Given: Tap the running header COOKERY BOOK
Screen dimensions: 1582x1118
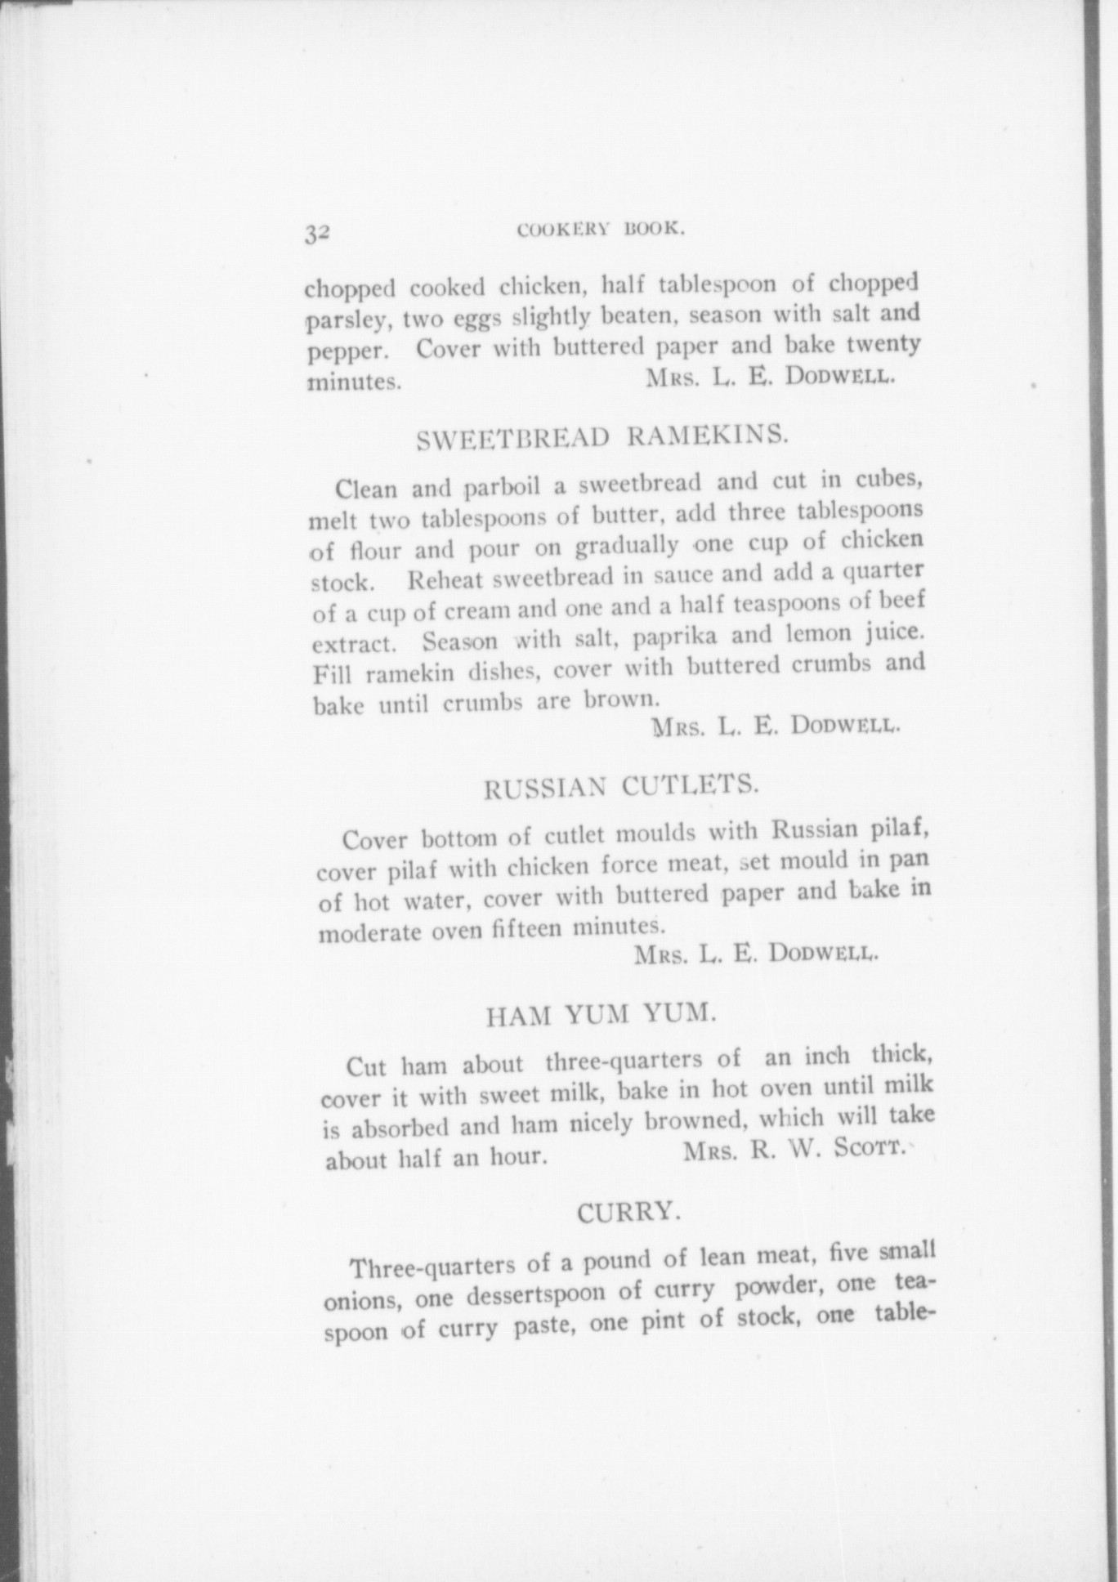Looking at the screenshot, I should coord(601,230).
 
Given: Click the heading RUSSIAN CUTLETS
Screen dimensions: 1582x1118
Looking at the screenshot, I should coord(621,787).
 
